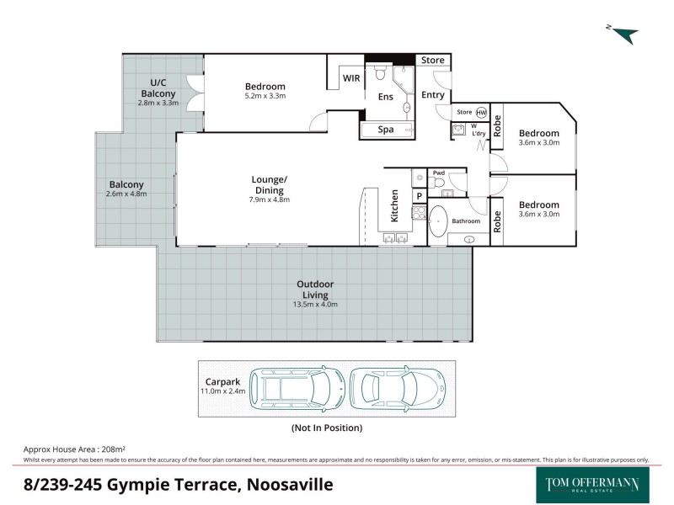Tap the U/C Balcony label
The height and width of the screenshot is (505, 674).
tap(158, 88)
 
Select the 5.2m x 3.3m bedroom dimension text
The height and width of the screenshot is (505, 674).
tap(265, 96)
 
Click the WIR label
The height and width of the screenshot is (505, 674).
tap(351, 78)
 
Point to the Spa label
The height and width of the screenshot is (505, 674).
tap(385, 130)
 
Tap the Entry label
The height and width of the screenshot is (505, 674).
tap(433, 95)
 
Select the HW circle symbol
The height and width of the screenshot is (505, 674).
tap(481, 112)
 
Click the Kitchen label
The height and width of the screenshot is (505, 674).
tap(393, 206)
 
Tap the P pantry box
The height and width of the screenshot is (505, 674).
tap(419, 195)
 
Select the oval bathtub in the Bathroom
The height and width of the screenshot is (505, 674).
tap(438, 222)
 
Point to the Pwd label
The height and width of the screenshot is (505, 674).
tap(438, 173)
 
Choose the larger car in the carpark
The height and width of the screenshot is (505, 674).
tap(297, 388)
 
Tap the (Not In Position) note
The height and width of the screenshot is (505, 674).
tap(327, 428)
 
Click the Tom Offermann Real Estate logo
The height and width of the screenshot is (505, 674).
tap(592, 485)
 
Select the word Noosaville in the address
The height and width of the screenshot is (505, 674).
tap(289, 485)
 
